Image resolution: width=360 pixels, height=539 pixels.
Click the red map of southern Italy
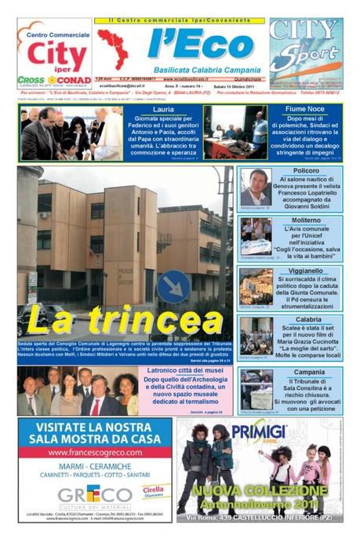pyautogui.click(x=112, y=49)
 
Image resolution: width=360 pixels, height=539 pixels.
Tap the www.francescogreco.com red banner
pyautogui.click(x=93, y=453)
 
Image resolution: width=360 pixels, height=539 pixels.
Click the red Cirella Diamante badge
pyautogui.click(x=152, y=489)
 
